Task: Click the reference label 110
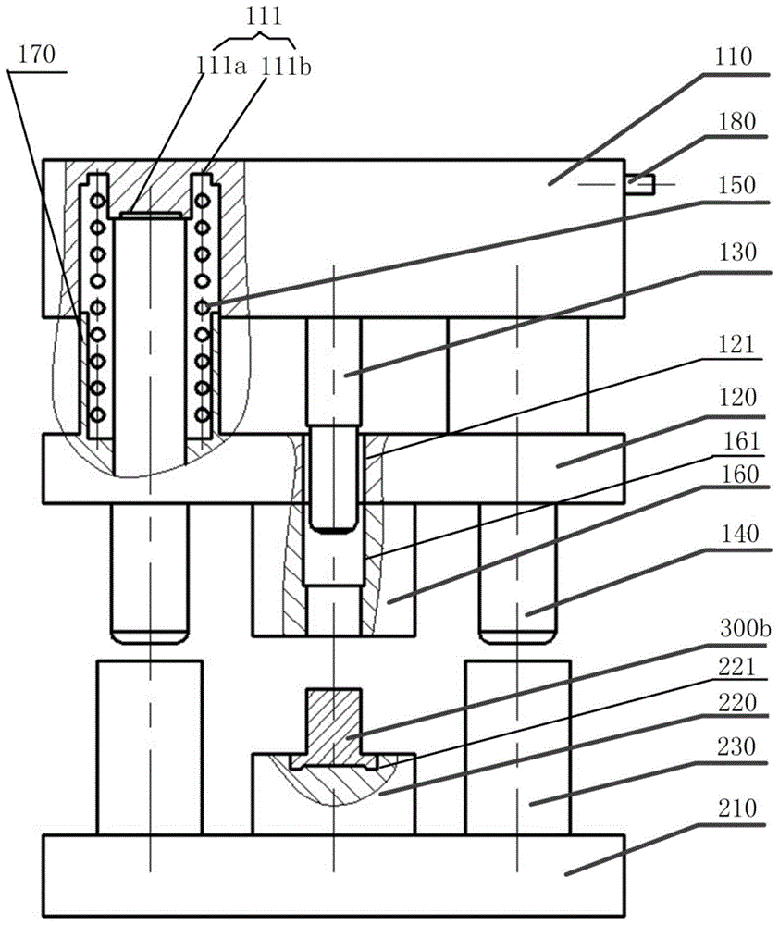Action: click(x=738, y=55)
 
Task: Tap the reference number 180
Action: click(x=738, y=122)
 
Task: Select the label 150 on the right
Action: click(x=738, y=185)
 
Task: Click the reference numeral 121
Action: click(x=738, y=342)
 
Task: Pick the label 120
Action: click(x=738, y=398)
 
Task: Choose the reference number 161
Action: click(x=738, y=442)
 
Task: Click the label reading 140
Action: click(x=738, y=533)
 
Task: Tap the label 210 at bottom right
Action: click(x=738, y=807)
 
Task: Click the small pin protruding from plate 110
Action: click(x=641, y=184)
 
